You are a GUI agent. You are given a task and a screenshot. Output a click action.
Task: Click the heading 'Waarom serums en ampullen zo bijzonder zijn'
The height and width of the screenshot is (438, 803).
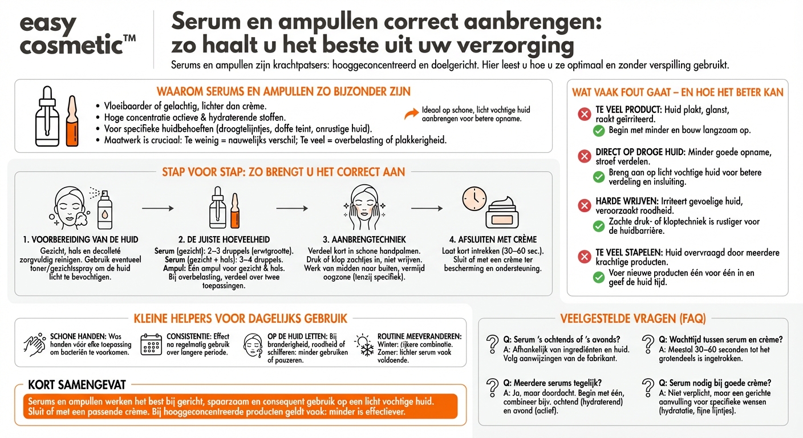point(283,92)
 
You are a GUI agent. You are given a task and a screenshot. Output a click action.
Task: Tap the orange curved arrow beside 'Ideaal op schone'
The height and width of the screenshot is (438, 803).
point(411,114)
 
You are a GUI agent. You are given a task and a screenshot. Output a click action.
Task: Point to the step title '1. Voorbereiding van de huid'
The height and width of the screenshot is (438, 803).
point(80,240)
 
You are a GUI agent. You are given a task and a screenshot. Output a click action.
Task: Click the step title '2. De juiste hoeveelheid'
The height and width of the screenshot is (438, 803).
point(224,240)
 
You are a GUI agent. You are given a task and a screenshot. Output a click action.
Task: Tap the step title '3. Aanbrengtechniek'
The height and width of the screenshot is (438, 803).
point(364,240)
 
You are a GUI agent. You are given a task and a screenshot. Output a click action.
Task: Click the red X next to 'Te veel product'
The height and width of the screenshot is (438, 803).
point(585,115)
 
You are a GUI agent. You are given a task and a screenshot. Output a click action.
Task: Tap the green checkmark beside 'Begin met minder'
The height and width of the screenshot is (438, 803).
point(599,131)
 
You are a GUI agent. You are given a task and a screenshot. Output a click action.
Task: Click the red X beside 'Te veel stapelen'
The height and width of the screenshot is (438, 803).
point(585,257)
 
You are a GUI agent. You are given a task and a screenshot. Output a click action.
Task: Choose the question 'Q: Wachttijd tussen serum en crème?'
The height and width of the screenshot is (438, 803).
point(720,339)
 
